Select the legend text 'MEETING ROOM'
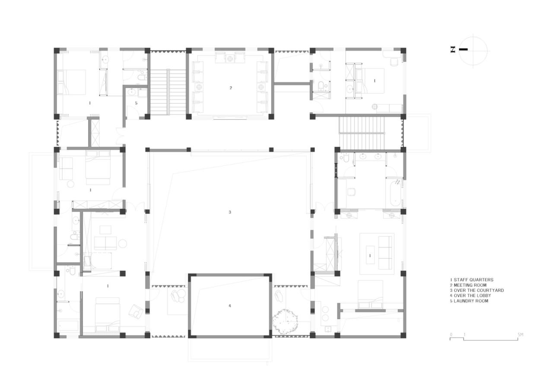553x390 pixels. (x=470, y=285)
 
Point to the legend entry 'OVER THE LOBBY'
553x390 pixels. (x=472, y=295)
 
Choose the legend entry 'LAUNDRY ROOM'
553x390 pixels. (x=470, y=301)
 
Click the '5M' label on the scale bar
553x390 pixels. (x=520, y=335)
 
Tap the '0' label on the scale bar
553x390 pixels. (x=451, y=335)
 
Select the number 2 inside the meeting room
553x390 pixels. (x=231, y=88)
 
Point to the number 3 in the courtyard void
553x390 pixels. (x=230, y=212)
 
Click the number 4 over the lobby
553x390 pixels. (x=230, y=306)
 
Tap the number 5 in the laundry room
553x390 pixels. (x=136, y=103)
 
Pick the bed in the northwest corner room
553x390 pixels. (x=73, y=82)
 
